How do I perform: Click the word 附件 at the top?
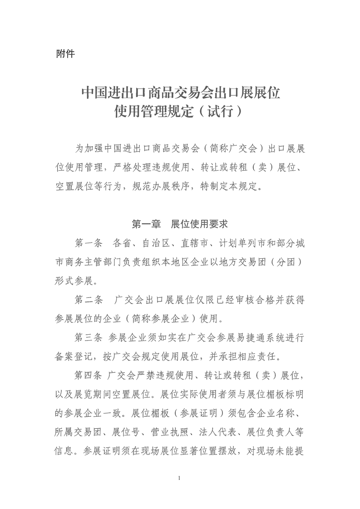tap(65, 53)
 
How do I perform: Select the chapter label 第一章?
tap(145, 224)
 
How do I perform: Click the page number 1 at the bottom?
tap(180, 479)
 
